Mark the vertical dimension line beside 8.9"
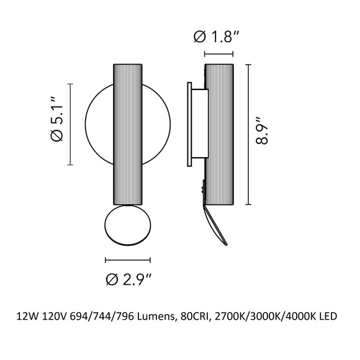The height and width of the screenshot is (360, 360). (x=249, y=134)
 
